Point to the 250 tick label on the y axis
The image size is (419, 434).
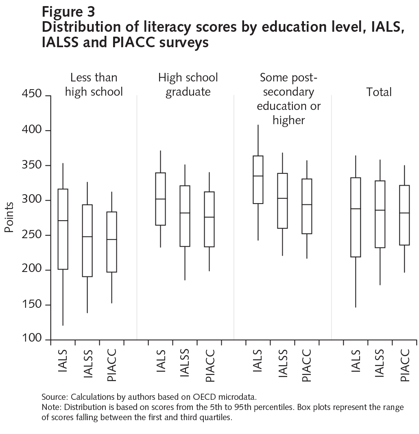click(x=30, y=235)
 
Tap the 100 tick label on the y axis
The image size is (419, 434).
click(x=30, y=340)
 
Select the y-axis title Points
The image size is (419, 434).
click(x=9, y=217)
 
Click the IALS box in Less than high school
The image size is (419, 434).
click(x=63, y=229)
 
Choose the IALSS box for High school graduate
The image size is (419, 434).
click(x=185, y=216)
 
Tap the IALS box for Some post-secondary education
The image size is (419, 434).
click(x=258, y=180)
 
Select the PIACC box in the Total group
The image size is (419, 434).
click(x=404, y=215)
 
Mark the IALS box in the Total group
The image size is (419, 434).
click(x=356, y=217)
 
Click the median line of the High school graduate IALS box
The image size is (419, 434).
click(x=161, y=199)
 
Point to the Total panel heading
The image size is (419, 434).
click(x=379, y=92)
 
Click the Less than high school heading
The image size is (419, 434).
click(x=94, y=85)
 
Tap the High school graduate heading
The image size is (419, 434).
click(x=188, y=85)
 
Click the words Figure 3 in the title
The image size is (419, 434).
click(x=68, y=12)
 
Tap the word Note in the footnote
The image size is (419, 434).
click(x=51, y=407)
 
